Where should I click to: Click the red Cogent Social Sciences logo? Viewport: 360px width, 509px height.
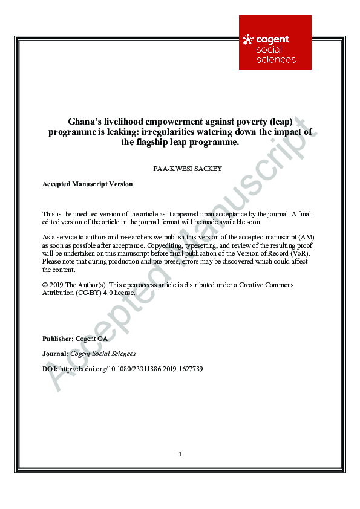[x=275, y=42]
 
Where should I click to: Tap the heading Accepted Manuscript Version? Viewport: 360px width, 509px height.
[x=87, y=184]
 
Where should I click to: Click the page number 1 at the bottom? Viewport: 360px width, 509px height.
[x=180, y=455]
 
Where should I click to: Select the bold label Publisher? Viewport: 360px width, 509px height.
[x=58, y=339]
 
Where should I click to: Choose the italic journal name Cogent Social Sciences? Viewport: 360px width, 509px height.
[x=103, y=354]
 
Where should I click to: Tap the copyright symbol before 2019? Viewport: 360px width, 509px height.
[x=45, y=284]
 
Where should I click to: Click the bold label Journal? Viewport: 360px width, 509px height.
[x=56, y=354]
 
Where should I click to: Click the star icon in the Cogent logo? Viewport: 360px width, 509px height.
[x=248, y=41]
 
